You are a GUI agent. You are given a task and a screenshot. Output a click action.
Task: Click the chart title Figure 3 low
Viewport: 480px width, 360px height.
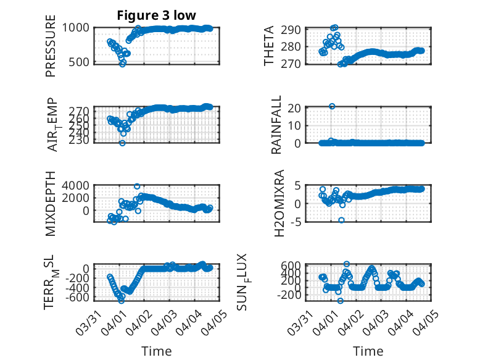[157, 15]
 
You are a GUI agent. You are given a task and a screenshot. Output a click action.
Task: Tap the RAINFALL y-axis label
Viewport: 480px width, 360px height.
[276, 125]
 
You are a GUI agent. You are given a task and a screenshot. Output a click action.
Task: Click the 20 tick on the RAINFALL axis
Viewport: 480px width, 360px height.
[294, 108]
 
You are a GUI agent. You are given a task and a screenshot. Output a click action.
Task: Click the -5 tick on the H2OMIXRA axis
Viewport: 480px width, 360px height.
[296, 222]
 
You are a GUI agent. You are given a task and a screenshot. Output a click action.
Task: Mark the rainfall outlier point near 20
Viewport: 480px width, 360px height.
[332, 106]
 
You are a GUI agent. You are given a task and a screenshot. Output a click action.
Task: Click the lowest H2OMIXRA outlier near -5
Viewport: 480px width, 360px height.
[341, 220]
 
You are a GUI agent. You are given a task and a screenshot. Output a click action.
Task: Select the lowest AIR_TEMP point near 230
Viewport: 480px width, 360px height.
[122, 143]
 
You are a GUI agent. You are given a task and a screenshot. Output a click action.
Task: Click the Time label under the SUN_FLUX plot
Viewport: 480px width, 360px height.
[368, 351]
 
